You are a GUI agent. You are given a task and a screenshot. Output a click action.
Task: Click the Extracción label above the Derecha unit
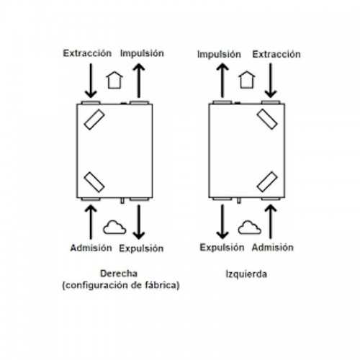(87, 53)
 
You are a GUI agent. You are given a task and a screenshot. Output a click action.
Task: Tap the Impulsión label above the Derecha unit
(142, 53)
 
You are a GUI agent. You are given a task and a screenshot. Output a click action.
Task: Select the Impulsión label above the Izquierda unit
(219, 55)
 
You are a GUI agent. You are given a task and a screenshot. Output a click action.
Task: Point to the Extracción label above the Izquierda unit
(276, 54)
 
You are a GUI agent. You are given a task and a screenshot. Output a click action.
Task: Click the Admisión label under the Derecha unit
(91, 248)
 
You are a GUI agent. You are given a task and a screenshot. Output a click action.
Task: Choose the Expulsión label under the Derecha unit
(141, 248)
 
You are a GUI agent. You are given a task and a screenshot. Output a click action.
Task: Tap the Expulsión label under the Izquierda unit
(222, 248)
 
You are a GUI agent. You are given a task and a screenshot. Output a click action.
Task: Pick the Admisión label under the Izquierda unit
(273, 248)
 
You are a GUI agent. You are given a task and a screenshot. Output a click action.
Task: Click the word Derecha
(119, 274)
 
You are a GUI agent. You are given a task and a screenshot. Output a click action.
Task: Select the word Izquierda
(246, 274)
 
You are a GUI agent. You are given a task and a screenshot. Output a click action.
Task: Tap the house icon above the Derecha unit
(114, 80)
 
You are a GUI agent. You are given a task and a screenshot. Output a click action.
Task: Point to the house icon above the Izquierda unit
(247, 79)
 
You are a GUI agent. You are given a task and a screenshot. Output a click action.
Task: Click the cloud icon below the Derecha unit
(114, 228)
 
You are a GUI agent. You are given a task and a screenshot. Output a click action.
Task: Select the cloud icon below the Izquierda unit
(249, 228)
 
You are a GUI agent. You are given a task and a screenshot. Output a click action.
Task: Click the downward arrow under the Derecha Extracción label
(91, 81)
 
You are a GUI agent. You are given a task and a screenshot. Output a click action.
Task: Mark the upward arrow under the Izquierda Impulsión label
(222, 81)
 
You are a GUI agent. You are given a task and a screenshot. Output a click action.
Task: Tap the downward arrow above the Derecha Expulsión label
(139, 222)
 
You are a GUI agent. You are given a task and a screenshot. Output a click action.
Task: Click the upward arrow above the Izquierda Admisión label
(271, 222)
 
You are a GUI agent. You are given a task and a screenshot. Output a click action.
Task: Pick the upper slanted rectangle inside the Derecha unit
(94, 120)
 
